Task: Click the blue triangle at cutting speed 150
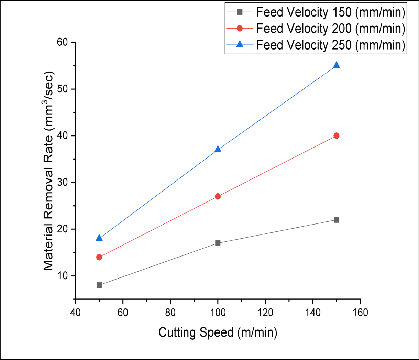pos(337,65)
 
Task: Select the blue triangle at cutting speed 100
pos(218,149)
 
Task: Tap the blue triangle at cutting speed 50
pos(99,238)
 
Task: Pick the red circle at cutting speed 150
pos(337,136)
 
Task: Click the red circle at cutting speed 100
pos(218,196)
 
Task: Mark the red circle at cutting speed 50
pos(99,257)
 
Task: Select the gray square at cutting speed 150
pos(337,220)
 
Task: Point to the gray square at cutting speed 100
pos(218,243)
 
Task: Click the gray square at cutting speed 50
pos(99,285)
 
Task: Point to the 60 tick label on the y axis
pos(64,42)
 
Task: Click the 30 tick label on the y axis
pos(64,183)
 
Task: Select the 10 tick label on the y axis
pos(64,276)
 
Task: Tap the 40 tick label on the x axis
pos(75,312)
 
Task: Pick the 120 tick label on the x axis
pos(265,312)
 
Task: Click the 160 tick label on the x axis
pos(360,312)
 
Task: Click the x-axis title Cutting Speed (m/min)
pos(218,332)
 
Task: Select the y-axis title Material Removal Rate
pos(49,171)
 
